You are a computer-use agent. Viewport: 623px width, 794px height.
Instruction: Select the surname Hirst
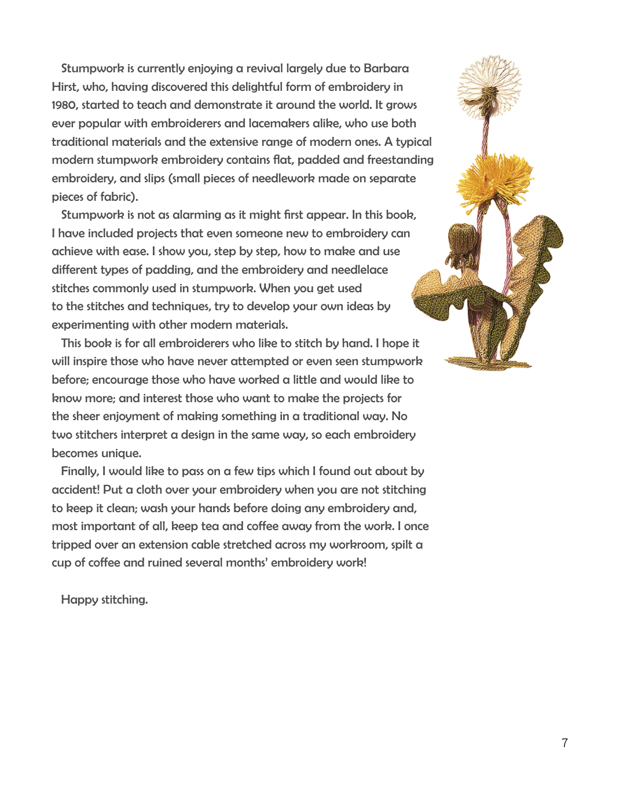point(64,87)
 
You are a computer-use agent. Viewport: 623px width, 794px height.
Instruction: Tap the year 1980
point(64,105)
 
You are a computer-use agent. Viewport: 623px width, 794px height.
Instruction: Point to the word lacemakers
point(280,123)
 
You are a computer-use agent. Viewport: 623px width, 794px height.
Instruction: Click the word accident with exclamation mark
point(75,490)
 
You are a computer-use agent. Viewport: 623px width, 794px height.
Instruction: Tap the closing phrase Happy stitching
point(104,600)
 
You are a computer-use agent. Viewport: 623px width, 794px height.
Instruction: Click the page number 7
point(565,743)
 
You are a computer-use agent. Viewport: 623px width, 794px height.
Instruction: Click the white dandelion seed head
point(490,86)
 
